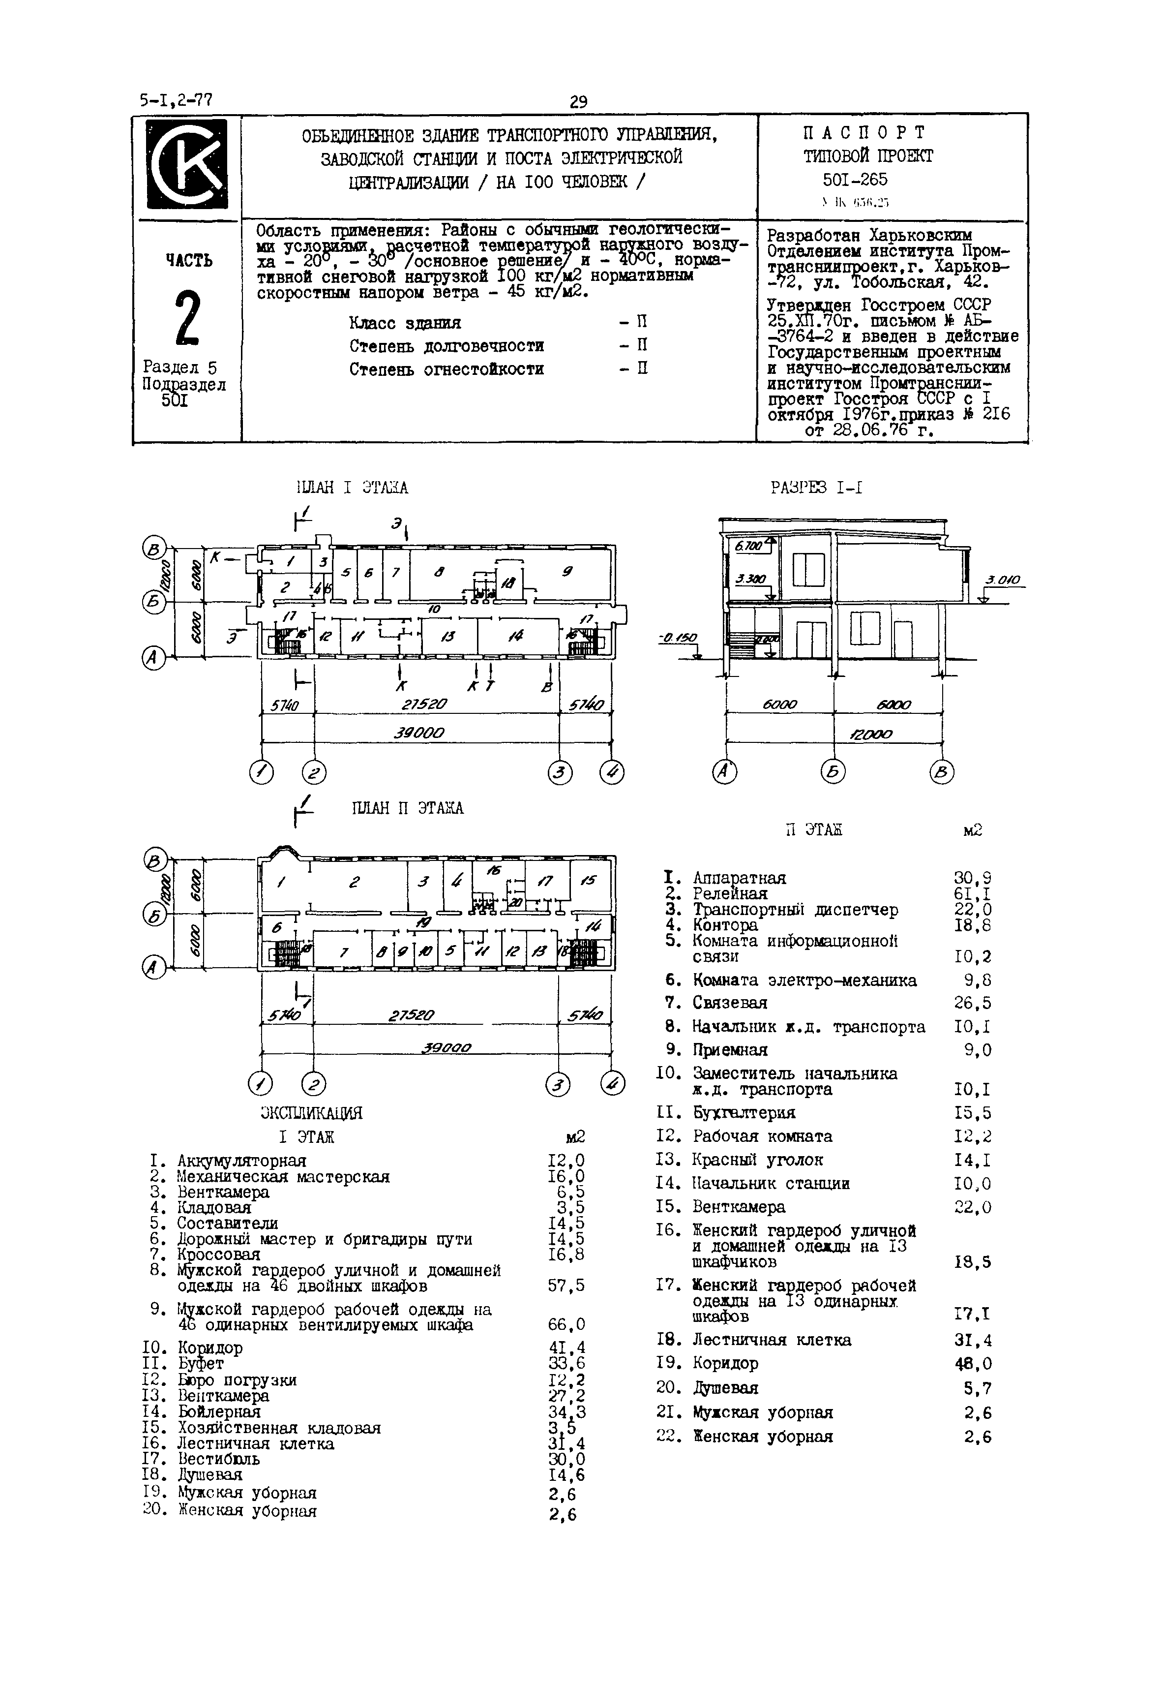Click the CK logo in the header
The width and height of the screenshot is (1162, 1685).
click(187, 164)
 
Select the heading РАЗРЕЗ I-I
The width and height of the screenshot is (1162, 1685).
click(816, 487)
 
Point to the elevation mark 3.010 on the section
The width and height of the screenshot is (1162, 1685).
click(1003, 581)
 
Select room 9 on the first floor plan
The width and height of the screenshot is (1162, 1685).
click(566, 572)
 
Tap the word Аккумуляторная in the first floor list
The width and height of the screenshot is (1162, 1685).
click(241, 1161)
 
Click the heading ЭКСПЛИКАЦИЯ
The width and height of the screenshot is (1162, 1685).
click(311, 1113)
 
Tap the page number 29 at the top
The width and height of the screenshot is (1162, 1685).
click(579, 102)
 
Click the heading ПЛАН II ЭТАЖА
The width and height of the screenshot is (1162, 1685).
click(407, 808)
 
